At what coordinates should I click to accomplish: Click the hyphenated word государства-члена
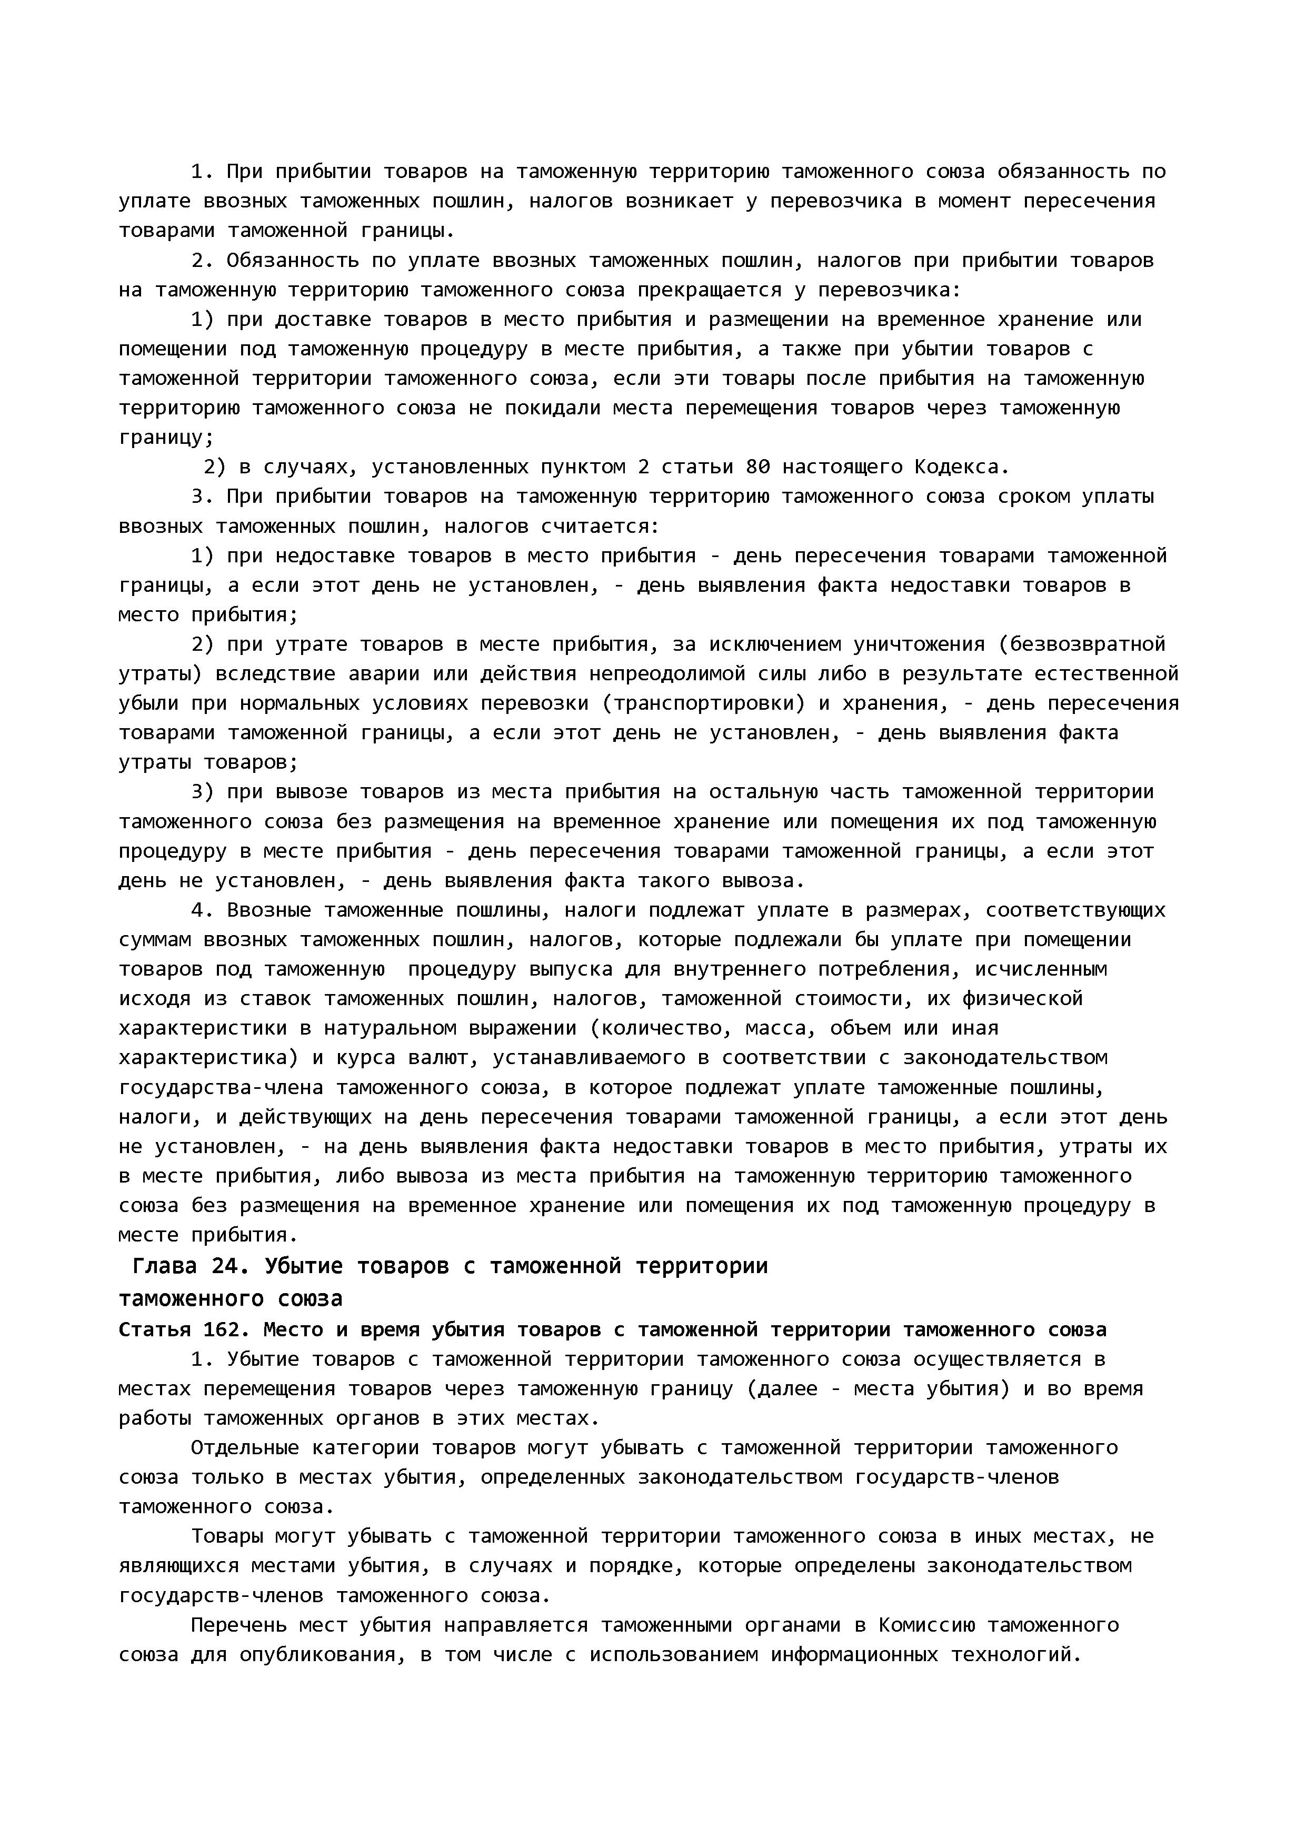coord(221,1088)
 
